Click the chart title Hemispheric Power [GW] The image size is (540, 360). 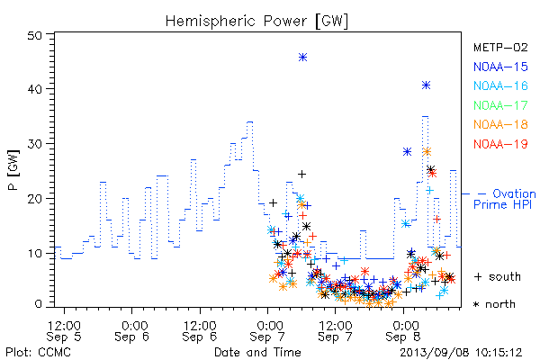click(256, 21)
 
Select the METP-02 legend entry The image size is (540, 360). click(500, 47)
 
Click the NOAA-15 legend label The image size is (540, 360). click(500, 67)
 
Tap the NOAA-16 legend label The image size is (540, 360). click(500, 85)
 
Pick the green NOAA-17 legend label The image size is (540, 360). click(500, 105)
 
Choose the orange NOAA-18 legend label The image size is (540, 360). click(500, 124)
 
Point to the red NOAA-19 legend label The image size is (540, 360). click(500, 144)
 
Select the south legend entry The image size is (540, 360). click(498, 276)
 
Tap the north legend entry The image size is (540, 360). click(494, 304)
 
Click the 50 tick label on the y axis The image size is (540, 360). click(34, 35)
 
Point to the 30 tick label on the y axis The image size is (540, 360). click(34, 144)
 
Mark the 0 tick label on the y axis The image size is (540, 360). click(39, 304)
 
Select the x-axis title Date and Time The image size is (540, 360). click(257, 352)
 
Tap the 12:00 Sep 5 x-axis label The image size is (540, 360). click(64, 331)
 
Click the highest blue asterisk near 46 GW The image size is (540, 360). click(302, 58)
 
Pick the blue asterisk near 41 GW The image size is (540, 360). click(426, 85)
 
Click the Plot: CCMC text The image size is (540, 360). click(38, 352)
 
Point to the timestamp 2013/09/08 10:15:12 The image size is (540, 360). click(461, 352)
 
